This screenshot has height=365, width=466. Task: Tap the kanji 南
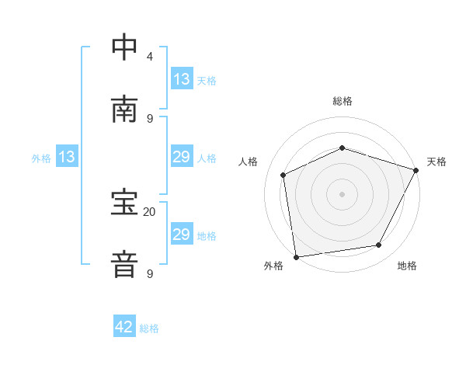125,109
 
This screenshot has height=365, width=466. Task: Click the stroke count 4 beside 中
149,57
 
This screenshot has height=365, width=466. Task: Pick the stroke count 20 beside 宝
149,211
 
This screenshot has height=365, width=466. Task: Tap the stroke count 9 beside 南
149,118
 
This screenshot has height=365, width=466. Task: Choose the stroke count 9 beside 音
149,273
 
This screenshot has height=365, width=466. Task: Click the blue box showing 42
125,327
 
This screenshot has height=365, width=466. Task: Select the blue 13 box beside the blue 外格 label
67,157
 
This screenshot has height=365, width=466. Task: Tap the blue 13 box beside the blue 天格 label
182,79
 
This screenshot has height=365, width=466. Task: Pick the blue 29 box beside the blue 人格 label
182,157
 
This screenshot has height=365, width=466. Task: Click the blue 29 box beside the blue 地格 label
182,235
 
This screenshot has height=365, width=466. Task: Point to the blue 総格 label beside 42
149,328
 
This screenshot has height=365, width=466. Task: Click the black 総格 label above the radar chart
342,101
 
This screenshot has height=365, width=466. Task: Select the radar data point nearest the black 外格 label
296,256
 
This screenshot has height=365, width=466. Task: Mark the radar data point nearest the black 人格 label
283,175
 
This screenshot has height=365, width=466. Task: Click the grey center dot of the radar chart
342,193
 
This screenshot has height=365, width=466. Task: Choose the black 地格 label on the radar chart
407,266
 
